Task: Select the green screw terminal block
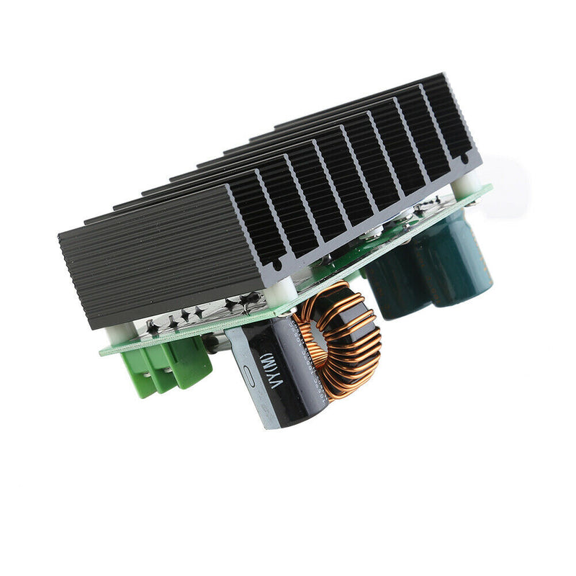(x=170, y=367)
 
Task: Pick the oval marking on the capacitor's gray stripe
(x=247, y=374)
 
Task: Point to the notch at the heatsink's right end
(x=467, y=156)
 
